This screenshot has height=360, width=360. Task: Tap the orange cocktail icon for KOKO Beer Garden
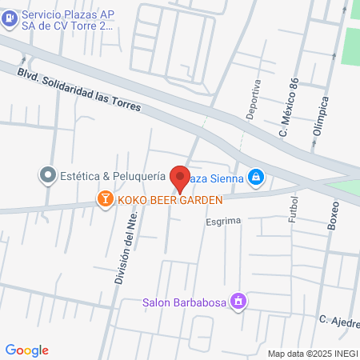tap(105, 198)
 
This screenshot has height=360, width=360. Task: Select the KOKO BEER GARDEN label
tap(169, 199)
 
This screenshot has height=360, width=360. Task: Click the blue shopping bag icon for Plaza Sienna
tap(255, 176)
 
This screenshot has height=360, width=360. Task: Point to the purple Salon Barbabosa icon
tap(238, 302)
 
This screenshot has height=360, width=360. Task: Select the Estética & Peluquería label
tap(112, 174)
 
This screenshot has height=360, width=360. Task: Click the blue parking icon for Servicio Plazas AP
tap(10, 19)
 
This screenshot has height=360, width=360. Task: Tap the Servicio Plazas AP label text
tap(68, 20)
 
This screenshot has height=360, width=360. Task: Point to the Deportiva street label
tap(254, 99)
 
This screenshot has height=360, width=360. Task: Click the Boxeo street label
tap(333, 214)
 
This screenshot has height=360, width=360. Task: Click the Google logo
tap(27, 350)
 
